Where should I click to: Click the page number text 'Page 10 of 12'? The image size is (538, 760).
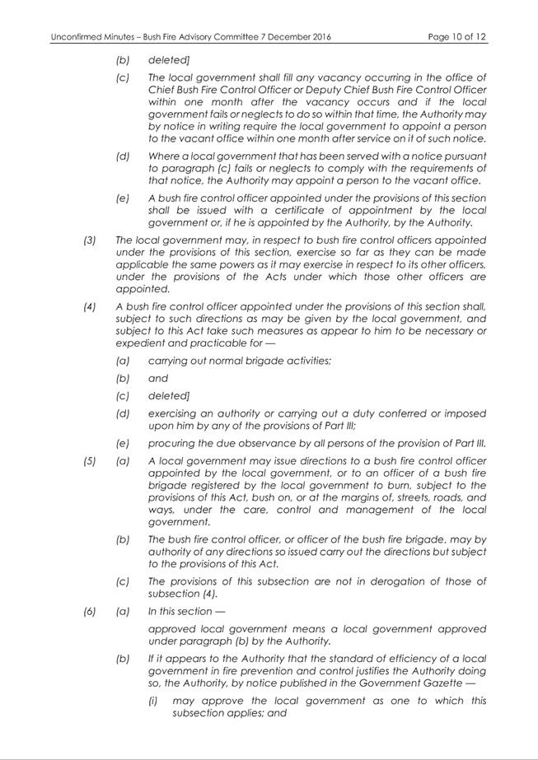pos(457,37)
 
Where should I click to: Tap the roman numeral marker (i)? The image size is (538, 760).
pos(154,701)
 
